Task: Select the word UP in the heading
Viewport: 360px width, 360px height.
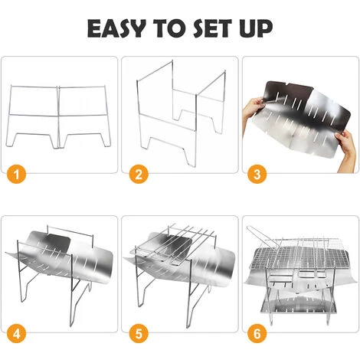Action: pos(256,28)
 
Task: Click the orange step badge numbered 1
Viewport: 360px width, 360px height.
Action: pos(16,175)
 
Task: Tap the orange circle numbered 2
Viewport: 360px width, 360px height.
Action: pos(139,175)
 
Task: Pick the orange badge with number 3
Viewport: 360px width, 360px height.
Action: pos(257,175)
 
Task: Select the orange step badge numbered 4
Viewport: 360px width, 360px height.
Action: pos(16,333)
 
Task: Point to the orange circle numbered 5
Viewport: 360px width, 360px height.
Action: pos(139,333)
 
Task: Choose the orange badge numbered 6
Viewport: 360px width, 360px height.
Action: pos(257,333)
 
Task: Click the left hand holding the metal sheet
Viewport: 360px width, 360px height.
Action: pos(253,107)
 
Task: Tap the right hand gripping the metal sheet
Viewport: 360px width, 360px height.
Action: pos(347,149)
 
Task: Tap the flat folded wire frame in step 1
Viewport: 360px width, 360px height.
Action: pos(58,116)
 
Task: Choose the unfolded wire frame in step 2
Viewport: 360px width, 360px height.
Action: pos(182,113)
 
